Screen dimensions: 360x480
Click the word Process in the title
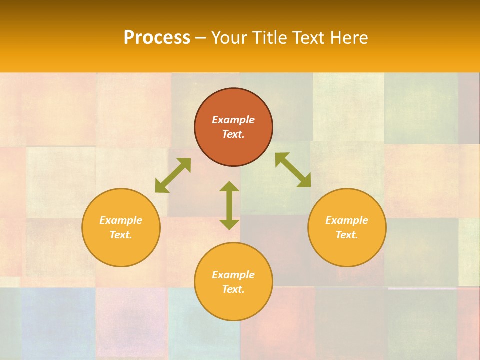(x=157, y=38)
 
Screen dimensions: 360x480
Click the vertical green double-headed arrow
(x=229, y=205)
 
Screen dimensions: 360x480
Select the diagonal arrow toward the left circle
(x=173, y=175)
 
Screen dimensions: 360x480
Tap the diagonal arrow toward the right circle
(x=293, y=170)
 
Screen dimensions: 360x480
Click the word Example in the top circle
(x=233, y=120)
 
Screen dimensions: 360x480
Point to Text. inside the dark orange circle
(x=233, y=134)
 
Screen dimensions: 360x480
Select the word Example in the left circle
(x=121, y=220)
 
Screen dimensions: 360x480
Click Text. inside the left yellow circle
(x=121, y=235)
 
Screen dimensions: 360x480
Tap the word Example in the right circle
(x=347, y=220)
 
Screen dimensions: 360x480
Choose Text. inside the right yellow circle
(x=347, y=235)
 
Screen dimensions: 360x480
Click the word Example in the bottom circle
(x=233, y=275)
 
